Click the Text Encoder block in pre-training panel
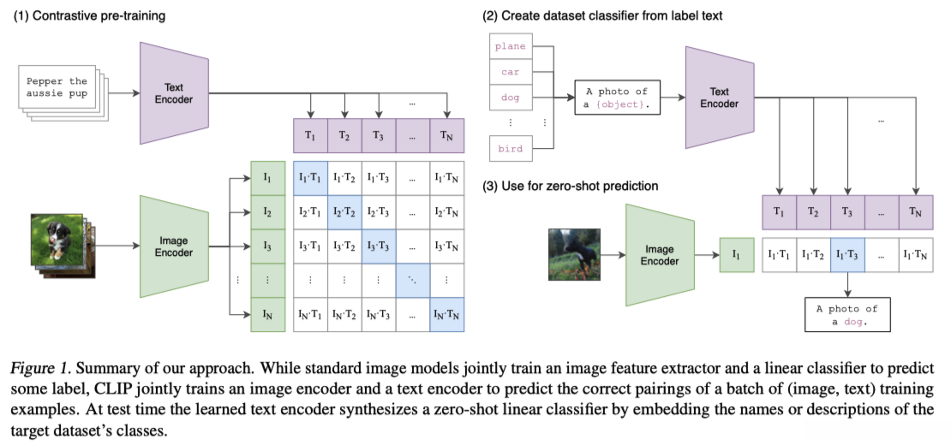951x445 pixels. (175, 93)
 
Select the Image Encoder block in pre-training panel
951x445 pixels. (174, 246)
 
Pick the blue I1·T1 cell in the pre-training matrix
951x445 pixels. (309, 178)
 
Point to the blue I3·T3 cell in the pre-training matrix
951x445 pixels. (378, 246)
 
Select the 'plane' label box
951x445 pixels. (510, 47)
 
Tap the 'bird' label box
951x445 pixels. (510, 149)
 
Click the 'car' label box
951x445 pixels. (510, 73)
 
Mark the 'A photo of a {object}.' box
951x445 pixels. (617, 98)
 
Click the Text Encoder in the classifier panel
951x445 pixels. (719, 98)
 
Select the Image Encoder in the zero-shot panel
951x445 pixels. (659, 255)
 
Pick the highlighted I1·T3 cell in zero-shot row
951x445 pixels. (847, 255)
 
